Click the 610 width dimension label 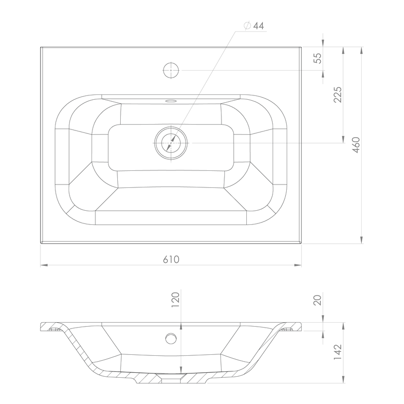click(x=171, y=259)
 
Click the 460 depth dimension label click(x=356, y=145)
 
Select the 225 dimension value click(x=337, y=95)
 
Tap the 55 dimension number click(x=317, y=58)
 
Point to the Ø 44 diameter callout click(x=254, y=26)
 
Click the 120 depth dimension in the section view click(x=175, y=299)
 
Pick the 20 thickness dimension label click(x=317, y=300)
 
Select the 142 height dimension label click(x=337, y=352)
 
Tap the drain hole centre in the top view click(x=171, y=143)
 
